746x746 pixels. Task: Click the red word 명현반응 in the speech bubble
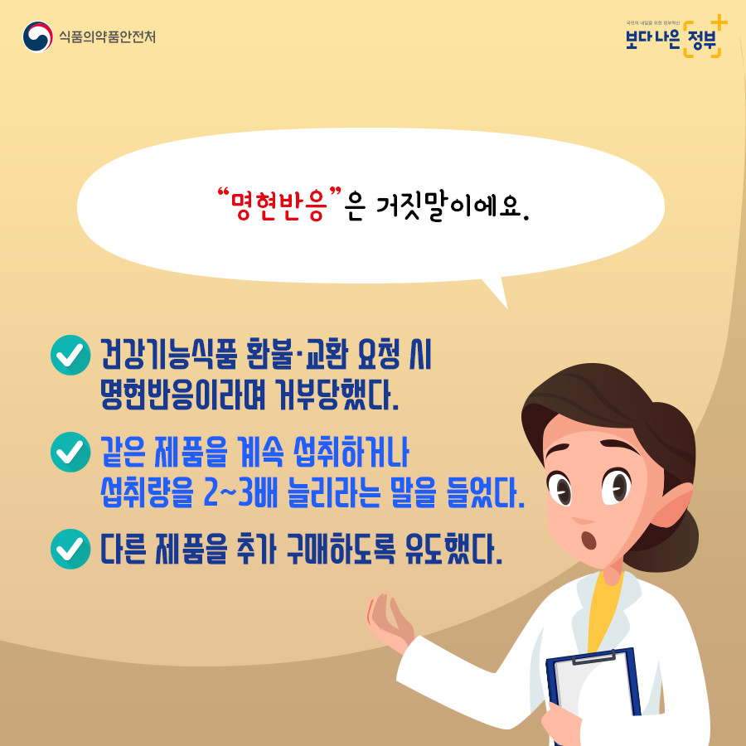[279, 206]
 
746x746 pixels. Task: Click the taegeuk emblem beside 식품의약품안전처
[37, 36]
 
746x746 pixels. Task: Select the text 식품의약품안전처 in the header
[108, 36]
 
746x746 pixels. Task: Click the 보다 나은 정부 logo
[676, 37]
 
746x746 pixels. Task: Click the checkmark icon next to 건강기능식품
[70, 355]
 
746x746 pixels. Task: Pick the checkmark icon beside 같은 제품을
[70, 452]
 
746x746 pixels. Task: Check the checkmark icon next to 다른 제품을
[70, 549]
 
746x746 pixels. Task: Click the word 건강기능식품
[169, 355]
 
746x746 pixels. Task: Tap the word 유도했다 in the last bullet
[453, 550]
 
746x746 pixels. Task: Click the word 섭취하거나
[351, 452]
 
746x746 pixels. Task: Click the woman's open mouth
[589, 539]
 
